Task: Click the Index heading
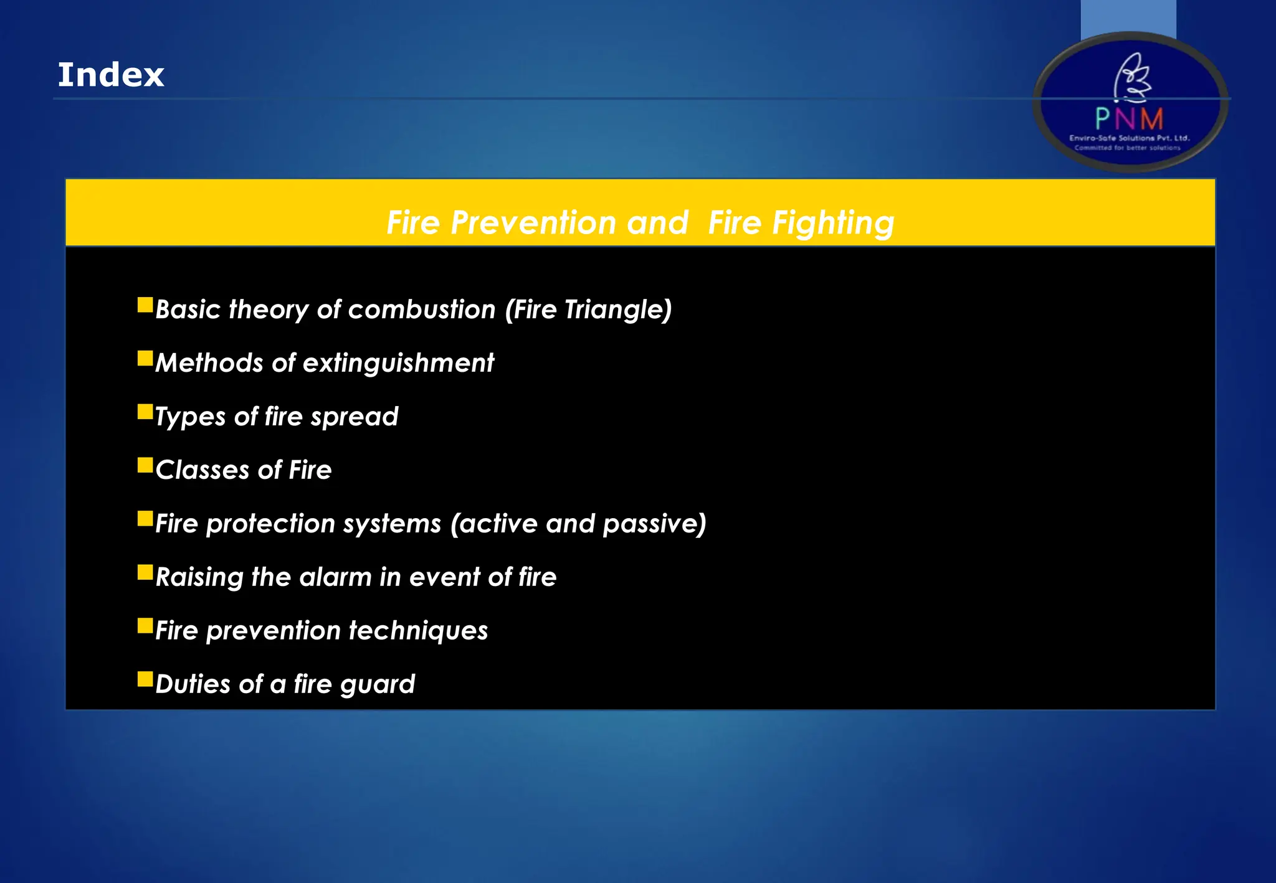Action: [111, 75]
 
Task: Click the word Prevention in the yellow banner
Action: [538, 222]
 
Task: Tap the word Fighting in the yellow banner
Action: [833, 222]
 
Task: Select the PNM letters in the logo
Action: [1129, 118]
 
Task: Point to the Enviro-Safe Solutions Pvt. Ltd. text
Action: [1129, 138]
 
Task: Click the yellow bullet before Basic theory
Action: [145, 305]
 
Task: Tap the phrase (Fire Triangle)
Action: [588, 309]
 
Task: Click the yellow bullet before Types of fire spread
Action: [145, 412]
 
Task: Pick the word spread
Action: [354, 417]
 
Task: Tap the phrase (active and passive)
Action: [578, 524]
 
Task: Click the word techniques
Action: [418, 631]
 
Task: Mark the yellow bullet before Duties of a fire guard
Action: [145, 679]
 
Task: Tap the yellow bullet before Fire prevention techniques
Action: [145, 625]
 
